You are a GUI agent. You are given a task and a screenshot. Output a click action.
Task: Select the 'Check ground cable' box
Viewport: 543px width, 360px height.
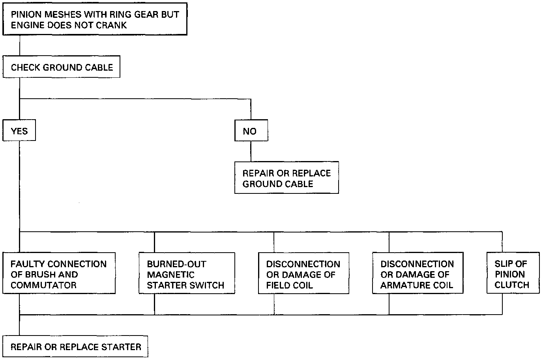(x=62, y=67)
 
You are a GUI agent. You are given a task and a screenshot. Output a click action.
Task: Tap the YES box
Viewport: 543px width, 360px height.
(x=19, y=131)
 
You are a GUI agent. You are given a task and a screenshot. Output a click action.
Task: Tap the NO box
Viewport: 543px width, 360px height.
(x=251, y=131)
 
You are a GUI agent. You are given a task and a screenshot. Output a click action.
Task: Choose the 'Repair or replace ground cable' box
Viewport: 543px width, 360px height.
(x=286, y=178)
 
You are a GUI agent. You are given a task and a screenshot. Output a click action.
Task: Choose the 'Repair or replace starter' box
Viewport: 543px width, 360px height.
(x=76, y=347)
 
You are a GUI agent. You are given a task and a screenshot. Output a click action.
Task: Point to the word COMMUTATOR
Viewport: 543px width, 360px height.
(x=43, y=285)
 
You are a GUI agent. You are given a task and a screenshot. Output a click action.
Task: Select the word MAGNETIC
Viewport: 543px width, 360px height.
(x=171, y=274)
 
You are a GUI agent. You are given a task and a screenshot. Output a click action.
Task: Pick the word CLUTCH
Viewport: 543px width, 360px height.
(x=512, y=285)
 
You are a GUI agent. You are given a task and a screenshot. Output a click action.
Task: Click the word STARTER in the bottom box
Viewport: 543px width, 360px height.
(x=121, y=347)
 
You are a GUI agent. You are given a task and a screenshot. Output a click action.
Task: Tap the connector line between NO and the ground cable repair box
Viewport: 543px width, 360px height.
(x=251, y=151)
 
